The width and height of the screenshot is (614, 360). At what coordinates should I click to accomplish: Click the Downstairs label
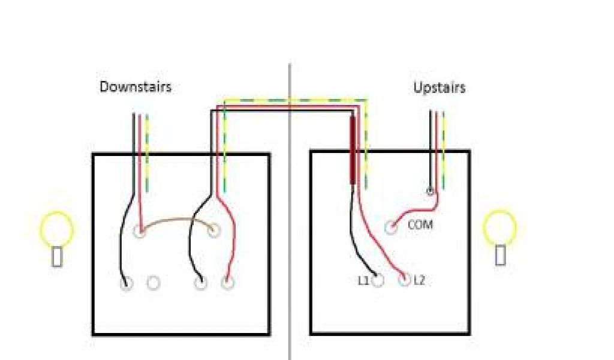click(x=136, y=87)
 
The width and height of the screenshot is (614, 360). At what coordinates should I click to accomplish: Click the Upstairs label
click(x=440, y=88)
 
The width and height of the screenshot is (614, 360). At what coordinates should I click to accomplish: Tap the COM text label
click(x=420, y=226)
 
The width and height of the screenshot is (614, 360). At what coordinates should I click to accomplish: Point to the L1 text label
click(x=363, y=280)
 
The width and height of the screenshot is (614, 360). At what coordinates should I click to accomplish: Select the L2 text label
click(x=419, y=280)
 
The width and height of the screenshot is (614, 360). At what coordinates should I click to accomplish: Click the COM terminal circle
click(x=391, y=227)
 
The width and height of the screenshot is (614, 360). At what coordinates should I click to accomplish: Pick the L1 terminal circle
click(x=378, y=280)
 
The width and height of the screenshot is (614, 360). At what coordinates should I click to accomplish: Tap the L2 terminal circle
click(x=404, y=280)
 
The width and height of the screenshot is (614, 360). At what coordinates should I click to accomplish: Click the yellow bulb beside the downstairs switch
click(x=56, y=227)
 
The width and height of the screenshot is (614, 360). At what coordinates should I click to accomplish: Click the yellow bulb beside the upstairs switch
click(x=500, y=227)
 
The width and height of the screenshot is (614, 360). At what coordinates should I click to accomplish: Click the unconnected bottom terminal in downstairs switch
click(x=153, y=283)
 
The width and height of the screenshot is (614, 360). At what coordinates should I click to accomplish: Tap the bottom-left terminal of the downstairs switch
click(x=126, y=284)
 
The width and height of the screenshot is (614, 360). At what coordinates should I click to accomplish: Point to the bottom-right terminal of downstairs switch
click(x=227, y=283)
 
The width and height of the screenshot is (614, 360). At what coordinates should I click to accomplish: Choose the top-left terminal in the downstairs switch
click(x=140, y=230)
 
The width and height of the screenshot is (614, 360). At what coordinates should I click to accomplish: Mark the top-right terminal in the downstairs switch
click(x=214, y=230)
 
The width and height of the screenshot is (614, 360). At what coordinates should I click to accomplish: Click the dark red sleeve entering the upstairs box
click(x=353, y=150)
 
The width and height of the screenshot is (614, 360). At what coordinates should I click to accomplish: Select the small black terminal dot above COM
click(x=430, y=192)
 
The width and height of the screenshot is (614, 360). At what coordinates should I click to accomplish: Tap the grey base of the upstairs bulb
click(x=500, y=254)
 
